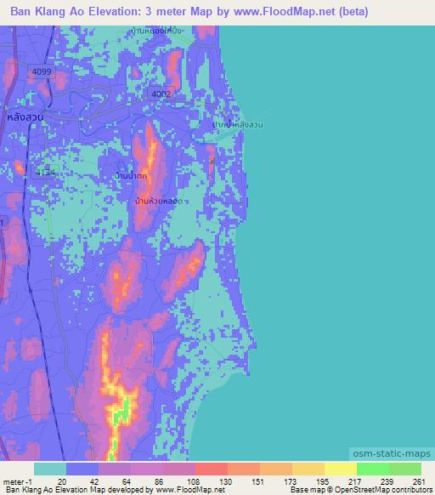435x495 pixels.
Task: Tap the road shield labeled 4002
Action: [160, 94]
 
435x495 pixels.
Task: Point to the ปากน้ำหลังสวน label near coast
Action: [238, 125]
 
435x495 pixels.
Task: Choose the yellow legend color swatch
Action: [341, 469]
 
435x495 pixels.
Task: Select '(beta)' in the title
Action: [348, 13]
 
